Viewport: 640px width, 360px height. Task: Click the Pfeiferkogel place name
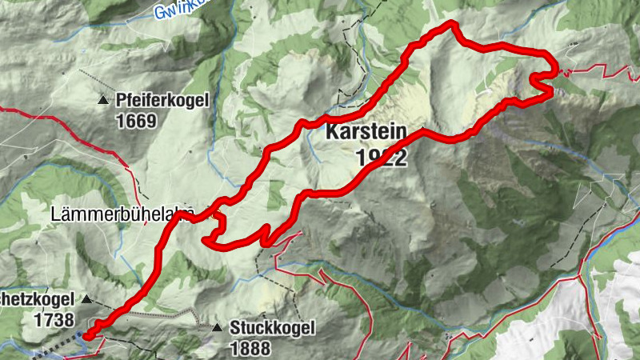coord(162,100)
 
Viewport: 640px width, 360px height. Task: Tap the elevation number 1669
coord(138,121)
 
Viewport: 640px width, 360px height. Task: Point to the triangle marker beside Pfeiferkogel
coord(103,100)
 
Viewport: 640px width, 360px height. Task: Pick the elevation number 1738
coord(56,319)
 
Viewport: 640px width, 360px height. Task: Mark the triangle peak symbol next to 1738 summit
coord(87,300)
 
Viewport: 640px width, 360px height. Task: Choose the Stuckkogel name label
coord(273,327)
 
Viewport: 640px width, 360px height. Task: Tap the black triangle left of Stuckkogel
coord(217,327)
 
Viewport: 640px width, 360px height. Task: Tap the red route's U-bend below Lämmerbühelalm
coord(206,238)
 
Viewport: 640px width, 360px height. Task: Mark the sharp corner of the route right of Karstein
coord(424,130)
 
